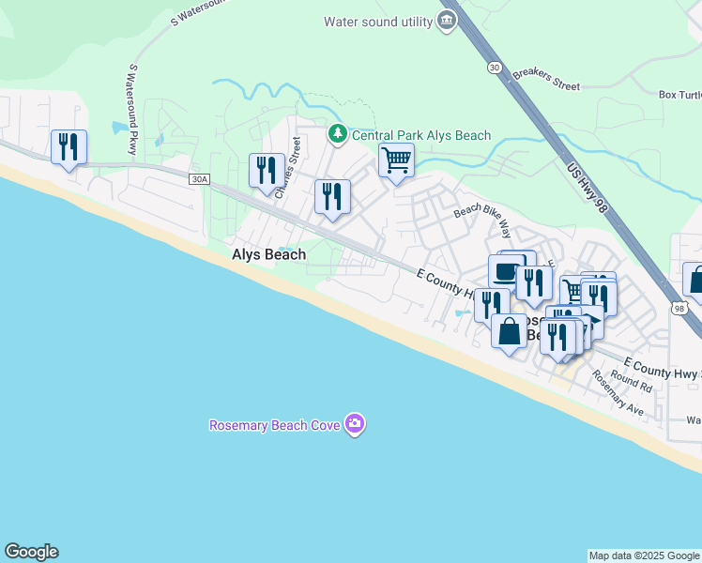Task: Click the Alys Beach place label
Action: (x=268, y=255)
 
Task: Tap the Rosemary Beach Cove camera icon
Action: (x=355, y=425)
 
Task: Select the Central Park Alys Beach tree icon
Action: (x=338, y=135)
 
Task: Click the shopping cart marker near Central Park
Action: (x=397, y=161)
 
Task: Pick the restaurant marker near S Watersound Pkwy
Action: (x=69, y=147)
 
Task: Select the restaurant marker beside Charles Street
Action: (x=267, y=172)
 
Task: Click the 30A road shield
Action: (x=197, y=179)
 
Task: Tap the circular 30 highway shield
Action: (x=494, y=68)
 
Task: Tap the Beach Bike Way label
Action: (x=482, y=221)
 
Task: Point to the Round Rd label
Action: (x=631, y=380)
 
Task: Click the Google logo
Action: (x=31, y=552)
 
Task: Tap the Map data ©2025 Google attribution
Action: (x=644, y=555)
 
